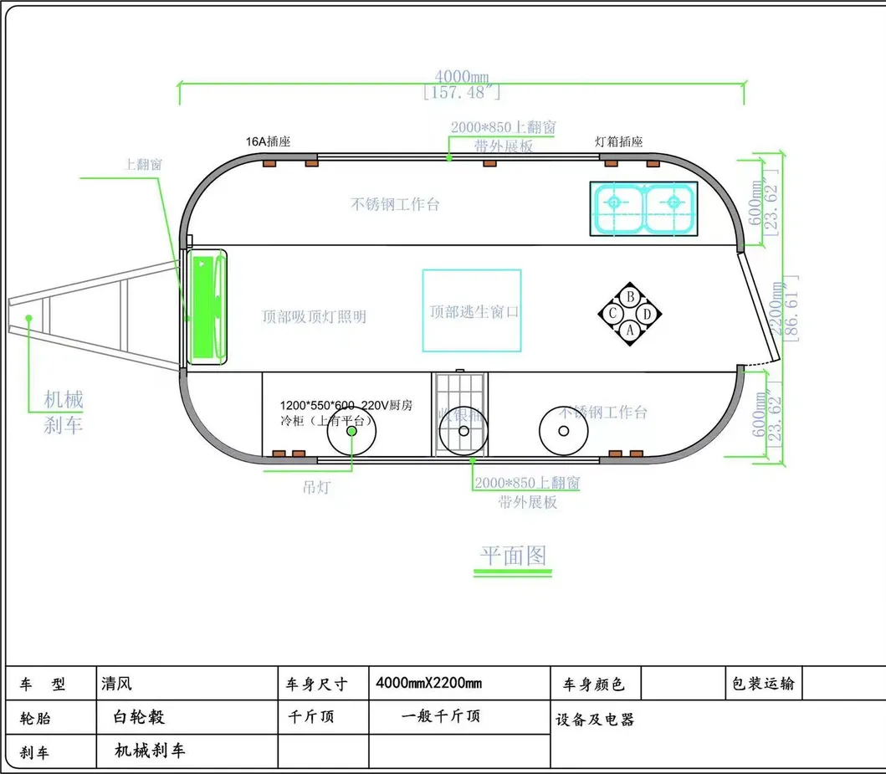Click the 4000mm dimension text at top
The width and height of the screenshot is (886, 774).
pos(462,76)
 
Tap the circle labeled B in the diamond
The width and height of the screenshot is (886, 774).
pos(631,296)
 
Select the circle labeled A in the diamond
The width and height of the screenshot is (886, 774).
pos(631,330)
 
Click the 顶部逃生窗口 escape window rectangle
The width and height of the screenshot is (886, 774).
pos(472,310)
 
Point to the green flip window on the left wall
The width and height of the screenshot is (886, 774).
pos(203,309)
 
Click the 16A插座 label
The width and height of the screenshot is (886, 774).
pos(268,142)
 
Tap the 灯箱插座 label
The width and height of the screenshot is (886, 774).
pos(619,142)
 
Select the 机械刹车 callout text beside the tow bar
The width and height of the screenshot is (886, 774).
pos(64,412)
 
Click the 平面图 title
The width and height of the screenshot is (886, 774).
pos(513,556)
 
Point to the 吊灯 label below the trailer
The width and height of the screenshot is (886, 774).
pos(315,487)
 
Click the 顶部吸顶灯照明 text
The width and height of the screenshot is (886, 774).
pos(314,317)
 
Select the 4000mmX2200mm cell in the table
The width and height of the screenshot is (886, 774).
pos(429,684)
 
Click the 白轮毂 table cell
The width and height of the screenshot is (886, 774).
pos(139,717)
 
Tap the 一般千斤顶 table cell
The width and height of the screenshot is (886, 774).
pos(441,716)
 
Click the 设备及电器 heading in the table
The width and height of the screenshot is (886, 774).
pos(595,720)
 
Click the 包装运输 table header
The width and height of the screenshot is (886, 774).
pos(762,684)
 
